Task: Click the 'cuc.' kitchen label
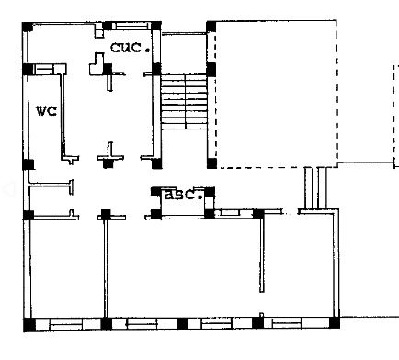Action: [x=131, y=47]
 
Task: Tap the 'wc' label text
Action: [x=47, y=111]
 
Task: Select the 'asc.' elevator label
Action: [x=184, y=195]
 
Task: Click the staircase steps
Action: [x=184, y=101]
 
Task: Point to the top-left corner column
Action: [x=28, y=27]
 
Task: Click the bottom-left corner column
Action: [x=29, y=324]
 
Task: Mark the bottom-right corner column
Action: [x=335, y=323]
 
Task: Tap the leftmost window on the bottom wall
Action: [x=66, y=324]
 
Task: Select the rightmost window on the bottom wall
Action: [x=287, y=323]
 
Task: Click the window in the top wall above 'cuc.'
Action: [x=131, y=26]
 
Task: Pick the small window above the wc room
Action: [x=45, y=70]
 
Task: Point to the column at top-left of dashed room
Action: [x=211, y=27]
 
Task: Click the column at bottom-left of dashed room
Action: [x=211, y=163]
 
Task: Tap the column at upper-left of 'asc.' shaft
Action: [x=156, y=191]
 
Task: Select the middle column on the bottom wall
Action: [x=183, y=323]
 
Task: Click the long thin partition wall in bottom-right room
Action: [x=262, y=253]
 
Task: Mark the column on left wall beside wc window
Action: [x=28, y=70]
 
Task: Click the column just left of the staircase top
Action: [x=156, y=69]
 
